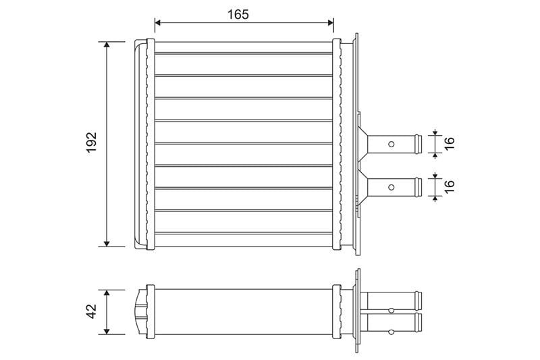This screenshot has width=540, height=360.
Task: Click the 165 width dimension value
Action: tap(238, 14)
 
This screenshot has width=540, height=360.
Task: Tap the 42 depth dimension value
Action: tap(92, 311)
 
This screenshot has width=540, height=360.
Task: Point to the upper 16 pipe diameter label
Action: tap(450, 143)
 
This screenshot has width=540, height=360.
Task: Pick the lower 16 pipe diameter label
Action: tap(450, 186)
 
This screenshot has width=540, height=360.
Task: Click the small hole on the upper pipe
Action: tap(391, 144)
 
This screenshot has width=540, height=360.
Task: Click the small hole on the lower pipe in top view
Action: tap(391, 187)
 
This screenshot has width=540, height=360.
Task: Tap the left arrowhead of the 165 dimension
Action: tap(158, 23)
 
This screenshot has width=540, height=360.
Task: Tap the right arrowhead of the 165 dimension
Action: tap(330, 23)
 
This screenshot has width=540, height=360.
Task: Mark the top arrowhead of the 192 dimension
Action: tap(107, 45)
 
